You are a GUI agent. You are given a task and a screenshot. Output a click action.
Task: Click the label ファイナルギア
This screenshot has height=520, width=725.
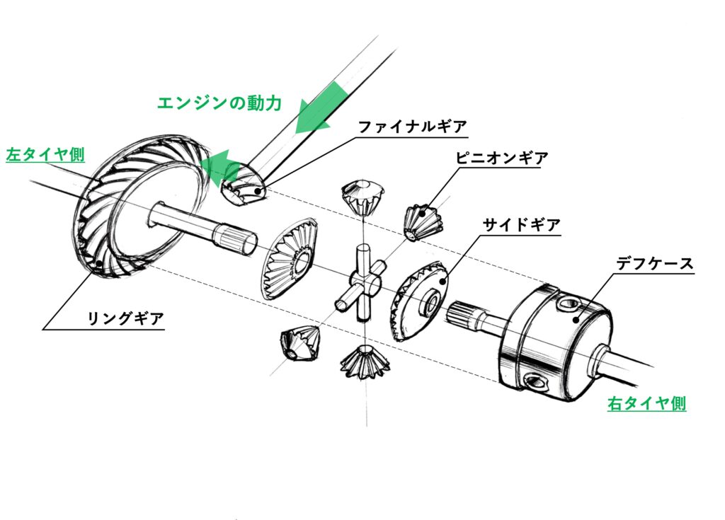coord(412,127)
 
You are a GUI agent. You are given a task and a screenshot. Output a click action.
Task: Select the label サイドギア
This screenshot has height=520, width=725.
coord(521,225)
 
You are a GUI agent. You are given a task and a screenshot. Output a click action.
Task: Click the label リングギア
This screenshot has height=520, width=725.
coord(125,318)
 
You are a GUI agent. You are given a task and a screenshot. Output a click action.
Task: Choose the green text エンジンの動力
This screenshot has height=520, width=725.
coord(219,103)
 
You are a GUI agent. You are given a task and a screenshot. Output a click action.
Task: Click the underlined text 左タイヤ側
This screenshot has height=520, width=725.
coord(45,155)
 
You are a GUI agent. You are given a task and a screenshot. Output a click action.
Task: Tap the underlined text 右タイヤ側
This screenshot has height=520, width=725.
coord(646,404)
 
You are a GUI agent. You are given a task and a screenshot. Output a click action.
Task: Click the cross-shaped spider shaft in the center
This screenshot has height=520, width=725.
coord(362,283)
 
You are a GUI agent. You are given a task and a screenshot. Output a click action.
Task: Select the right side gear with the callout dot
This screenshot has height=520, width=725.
coord(419,299)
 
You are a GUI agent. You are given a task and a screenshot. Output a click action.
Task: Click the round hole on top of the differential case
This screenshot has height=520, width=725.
coord(568,305)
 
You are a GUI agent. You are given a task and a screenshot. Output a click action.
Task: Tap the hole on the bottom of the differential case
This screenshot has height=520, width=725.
coord(532,383)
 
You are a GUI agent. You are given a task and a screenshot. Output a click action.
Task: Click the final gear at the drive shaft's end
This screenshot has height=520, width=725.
coord(242,185)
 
